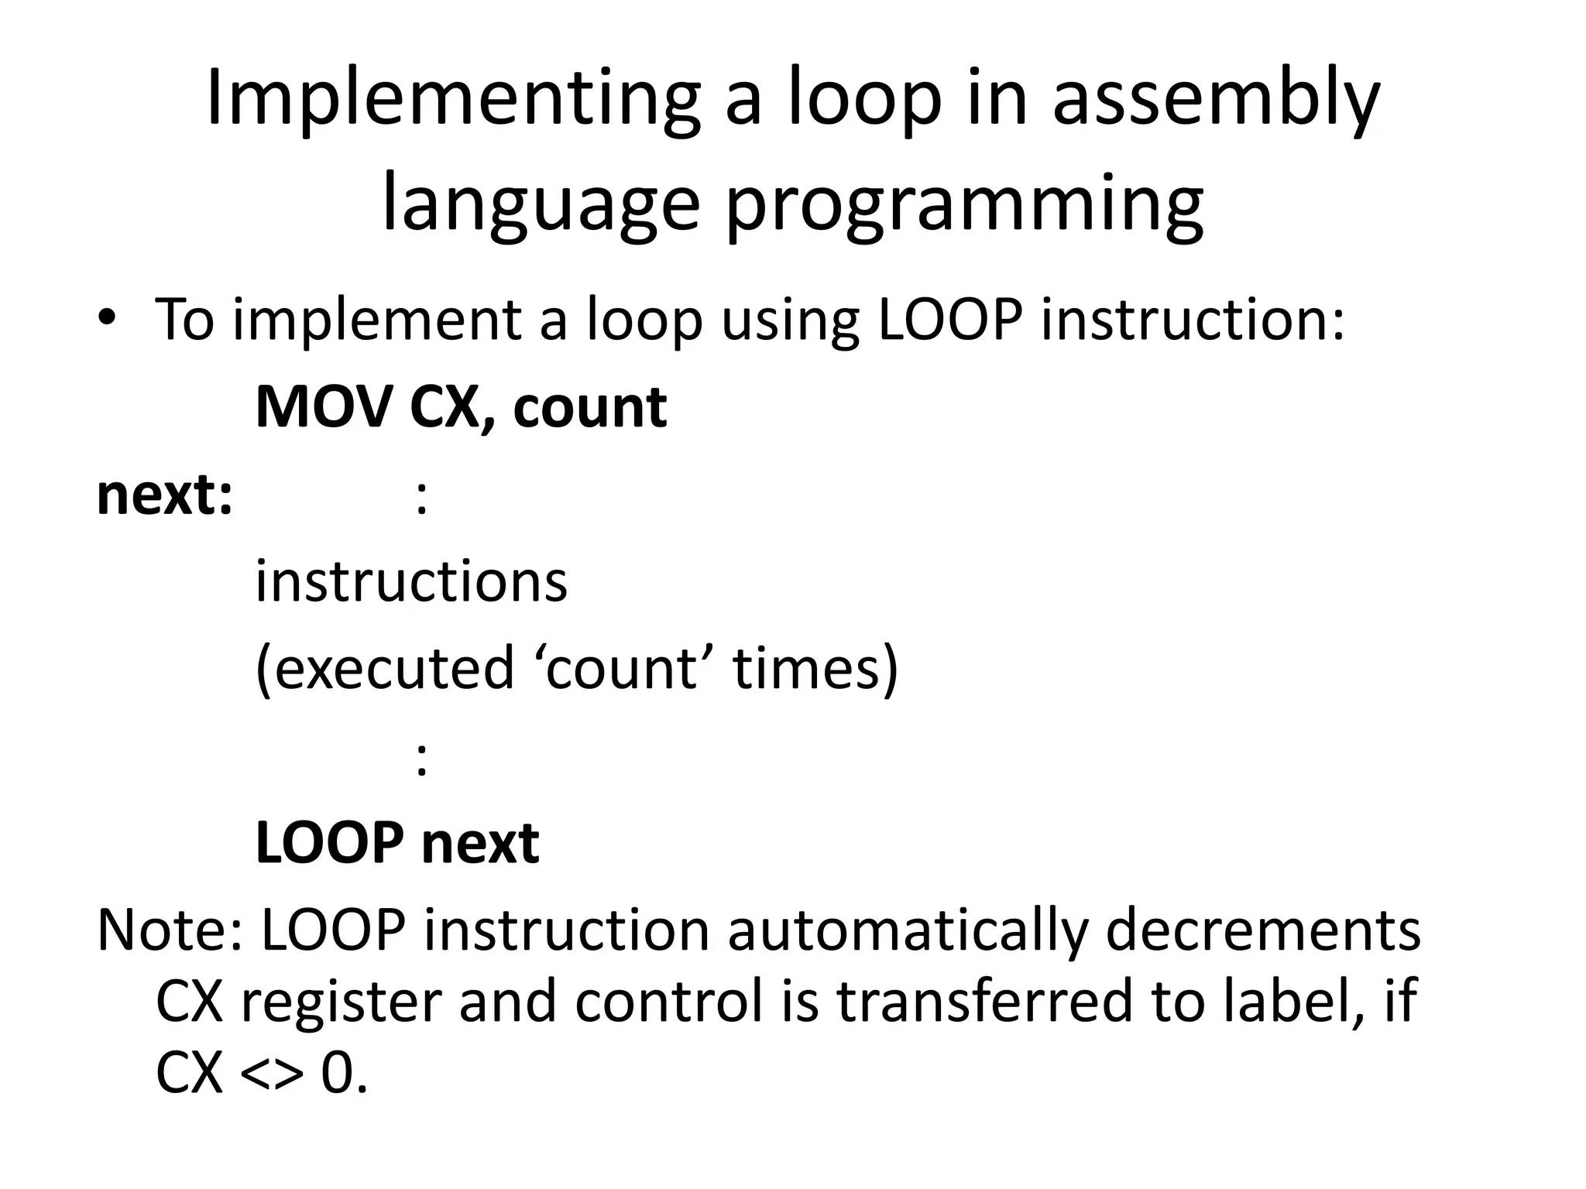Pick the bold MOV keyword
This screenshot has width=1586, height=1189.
click(323, 407)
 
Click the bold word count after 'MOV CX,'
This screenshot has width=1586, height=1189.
click(589, 409)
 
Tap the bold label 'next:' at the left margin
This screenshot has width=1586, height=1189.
click(164, 495)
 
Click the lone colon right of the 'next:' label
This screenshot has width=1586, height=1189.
click(421, 499)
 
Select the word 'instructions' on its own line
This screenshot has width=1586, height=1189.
click(411, 581)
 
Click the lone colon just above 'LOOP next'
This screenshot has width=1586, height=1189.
click(421, 759)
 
